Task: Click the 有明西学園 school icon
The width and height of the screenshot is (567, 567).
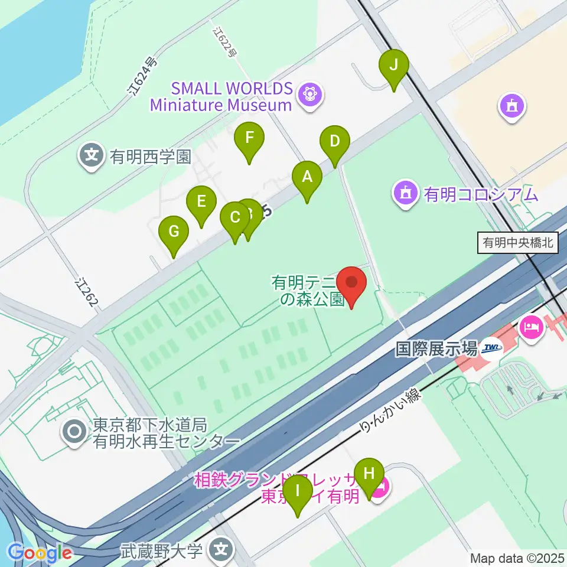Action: tap(92, 155)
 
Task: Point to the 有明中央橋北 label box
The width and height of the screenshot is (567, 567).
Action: tap(517, 243)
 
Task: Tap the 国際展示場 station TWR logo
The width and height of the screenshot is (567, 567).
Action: tap(490, 348)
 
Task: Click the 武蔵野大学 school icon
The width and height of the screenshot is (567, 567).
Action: tap(221, 550)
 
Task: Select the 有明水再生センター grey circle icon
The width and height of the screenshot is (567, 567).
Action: tap(76, 432)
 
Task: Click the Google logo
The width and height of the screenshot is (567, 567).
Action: tap(40, 553)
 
